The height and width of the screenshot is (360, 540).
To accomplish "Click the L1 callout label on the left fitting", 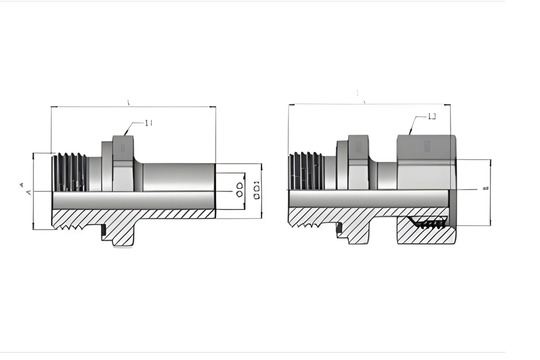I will tap(148, 123).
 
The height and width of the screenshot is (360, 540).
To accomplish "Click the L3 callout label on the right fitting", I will tap(431, 117).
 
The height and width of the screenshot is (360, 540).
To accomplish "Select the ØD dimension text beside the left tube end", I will tap(238, 186).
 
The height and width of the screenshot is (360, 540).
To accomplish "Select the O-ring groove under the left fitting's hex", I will tap(106, 233).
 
